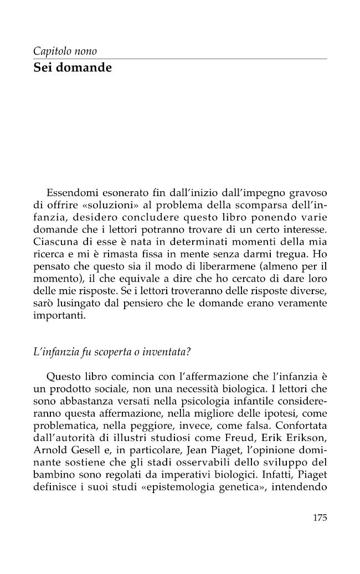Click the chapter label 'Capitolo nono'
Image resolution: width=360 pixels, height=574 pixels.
65,52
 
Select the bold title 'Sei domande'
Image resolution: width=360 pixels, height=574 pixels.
72,68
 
